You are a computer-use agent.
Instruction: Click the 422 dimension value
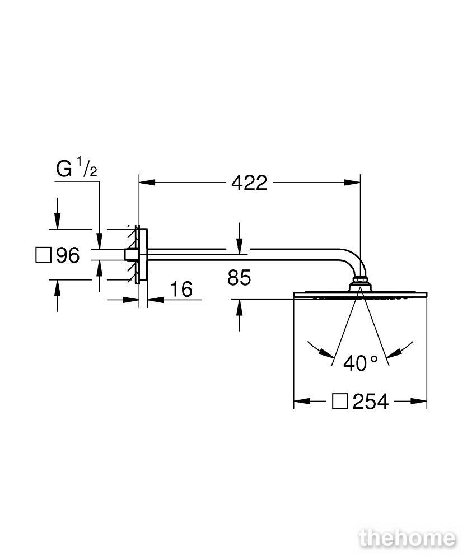pos(249,183)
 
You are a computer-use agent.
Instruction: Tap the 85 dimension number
pos(239,278)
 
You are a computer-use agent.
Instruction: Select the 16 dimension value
pos(181,289)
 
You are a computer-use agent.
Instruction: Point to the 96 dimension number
pos(68,255)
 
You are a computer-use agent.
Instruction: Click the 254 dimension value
pos(370,402)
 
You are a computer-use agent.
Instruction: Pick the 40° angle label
pos(361,363)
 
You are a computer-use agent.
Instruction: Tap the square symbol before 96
pos(44,255)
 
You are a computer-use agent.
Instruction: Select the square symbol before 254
pos(340,402)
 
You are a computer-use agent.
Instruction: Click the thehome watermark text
pos(408,538)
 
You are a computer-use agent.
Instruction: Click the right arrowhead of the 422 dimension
pos(352,183)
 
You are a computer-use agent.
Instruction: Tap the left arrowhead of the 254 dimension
pos(302,402)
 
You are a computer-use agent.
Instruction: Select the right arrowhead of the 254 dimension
pos(419,402)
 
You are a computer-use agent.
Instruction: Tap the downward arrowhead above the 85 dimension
pos(240,246)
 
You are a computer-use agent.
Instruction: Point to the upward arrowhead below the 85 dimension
pos(240,307)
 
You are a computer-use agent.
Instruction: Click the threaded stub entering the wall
pos(129,255)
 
